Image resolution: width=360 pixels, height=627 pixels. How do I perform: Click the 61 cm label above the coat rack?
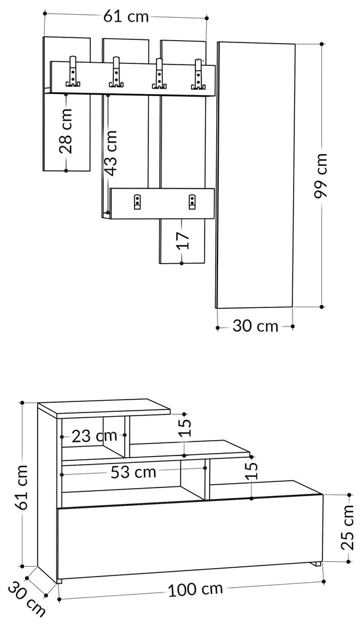[x=125, y=16]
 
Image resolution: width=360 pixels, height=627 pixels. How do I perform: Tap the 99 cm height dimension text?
[x=321, y=176]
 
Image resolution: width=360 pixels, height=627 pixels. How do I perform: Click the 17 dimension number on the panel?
[x=182, y=239]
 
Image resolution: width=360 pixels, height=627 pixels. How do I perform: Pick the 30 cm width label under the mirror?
[x=255, y=326]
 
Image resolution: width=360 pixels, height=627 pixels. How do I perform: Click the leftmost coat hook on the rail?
[x=74, y=73]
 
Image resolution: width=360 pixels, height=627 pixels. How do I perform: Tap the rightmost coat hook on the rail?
[x=198, y=73]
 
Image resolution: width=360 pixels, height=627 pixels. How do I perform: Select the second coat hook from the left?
[x=115, y=73]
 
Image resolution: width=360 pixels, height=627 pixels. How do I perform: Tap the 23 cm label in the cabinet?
[x=93, y=436]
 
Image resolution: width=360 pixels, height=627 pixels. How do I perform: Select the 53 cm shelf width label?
[x=133, y=472]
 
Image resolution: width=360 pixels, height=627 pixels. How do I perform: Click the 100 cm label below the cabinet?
[x=195, y=590]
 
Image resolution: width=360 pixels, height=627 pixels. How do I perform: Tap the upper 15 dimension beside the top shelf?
[x=186, y=425]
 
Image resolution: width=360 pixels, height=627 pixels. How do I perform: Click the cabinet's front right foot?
[x=316, y=563]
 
